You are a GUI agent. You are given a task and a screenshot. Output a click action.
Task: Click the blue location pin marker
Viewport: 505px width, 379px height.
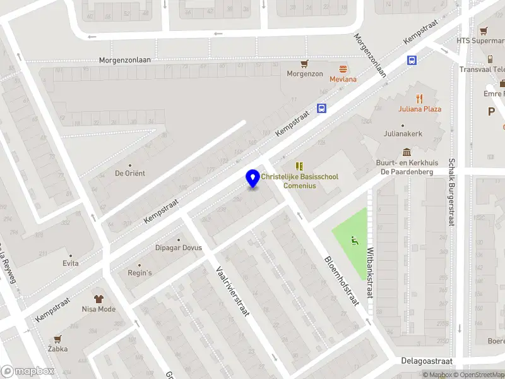click(253, 178)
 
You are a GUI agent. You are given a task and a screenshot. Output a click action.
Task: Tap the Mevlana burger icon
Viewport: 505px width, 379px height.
click(343, 68)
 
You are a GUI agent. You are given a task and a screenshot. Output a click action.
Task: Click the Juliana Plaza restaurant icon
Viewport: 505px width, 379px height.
click(419, 98)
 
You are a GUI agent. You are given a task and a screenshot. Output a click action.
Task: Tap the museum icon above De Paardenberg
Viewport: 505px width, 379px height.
click(407, 152)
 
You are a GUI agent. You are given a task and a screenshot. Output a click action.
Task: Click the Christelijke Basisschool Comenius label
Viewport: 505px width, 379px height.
click(299, 182)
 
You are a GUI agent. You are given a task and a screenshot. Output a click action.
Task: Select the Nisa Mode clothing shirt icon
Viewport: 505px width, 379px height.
click(98, 298)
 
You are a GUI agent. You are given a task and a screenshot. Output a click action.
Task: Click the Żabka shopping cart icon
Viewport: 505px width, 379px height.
click(57, 339)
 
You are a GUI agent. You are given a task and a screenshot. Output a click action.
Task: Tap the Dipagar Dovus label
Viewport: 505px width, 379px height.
click(179, 248)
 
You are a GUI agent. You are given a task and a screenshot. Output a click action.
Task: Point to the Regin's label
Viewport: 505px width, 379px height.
click(140, 273)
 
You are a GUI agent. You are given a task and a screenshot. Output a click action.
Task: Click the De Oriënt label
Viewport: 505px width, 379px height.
click(130, 173)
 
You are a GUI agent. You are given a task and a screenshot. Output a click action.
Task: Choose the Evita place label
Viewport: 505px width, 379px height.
click(71, 263)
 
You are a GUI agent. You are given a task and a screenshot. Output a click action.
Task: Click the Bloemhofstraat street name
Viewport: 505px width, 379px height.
click(342, 280)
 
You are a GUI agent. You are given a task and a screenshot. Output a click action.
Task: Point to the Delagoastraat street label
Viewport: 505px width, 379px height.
click(427, 361)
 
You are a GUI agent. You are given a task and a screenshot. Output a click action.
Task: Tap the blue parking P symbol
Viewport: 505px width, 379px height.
click(491, 111)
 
